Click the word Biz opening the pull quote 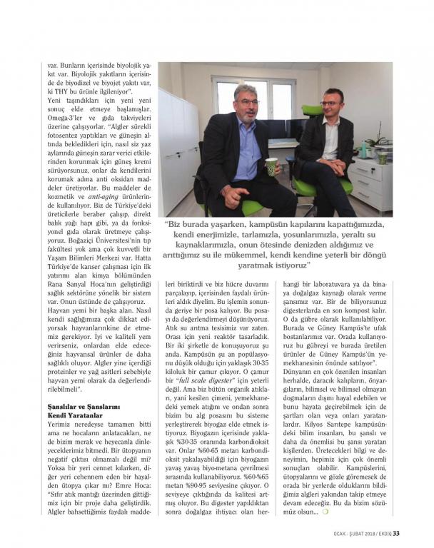tap(176, 225)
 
